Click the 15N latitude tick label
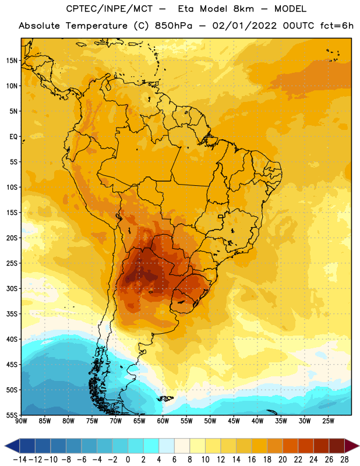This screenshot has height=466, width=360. click(12, 61)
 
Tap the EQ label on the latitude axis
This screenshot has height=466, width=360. click(13, 137)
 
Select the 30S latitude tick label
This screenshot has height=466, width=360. click(12, 288)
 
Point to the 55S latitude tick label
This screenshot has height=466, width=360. click(12, 415)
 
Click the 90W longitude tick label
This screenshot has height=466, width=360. click(21, 421)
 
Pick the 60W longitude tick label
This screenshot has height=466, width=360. click(163, 421)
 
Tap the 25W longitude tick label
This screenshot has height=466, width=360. click(328, 421)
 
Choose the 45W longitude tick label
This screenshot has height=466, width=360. click(234, 421)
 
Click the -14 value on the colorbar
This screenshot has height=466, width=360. click(20, 460)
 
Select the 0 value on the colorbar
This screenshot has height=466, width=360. click(128, 460)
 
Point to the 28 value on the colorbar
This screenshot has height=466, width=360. click(344, 460)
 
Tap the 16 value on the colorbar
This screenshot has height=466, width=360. click(252, 460)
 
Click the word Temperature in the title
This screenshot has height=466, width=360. click(97, 26)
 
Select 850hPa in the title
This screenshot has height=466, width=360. click(174, 26)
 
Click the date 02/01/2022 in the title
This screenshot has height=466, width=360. click(244, 26)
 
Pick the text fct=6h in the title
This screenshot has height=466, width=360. click(337, 26)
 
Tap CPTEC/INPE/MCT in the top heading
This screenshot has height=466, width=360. click(110, 9)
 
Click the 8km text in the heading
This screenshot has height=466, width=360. click(243, 9)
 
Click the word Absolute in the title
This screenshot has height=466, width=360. click(39, 26)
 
